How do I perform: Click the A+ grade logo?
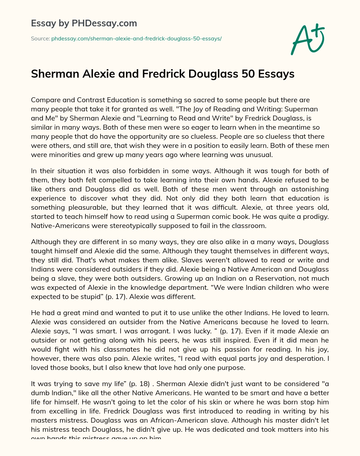pos(308,39)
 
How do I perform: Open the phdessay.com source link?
pos(136,39)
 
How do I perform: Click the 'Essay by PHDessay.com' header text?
pos(84,24)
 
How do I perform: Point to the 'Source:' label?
pos(40,39)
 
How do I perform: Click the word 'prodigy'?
pos(314,217)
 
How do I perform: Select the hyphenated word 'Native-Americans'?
pos(59,226)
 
